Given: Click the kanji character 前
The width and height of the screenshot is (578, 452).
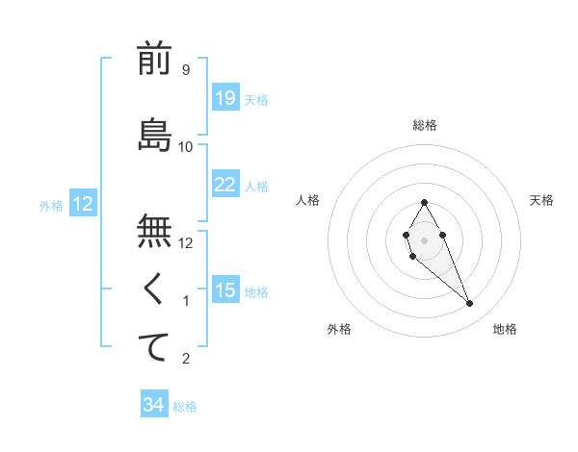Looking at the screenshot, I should pos(154,60).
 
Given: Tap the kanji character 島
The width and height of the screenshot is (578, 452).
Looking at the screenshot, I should pos(154,136).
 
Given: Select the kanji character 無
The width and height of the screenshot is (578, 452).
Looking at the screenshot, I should pos(154,231).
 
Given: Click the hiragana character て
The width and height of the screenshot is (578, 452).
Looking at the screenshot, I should pos(154,347).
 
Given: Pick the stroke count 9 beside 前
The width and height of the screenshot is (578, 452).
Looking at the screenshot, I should pos(185,70).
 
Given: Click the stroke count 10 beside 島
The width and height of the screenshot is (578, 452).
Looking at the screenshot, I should pos(186,146).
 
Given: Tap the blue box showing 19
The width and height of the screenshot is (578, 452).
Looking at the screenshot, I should pos(224,97).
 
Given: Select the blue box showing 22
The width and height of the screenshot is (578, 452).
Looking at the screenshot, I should pos(224,184).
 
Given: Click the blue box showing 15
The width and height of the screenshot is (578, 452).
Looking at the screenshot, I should pos(224,289).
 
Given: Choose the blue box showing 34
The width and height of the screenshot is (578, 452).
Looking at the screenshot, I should pos(153,405).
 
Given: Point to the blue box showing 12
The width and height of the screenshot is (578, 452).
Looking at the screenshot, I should pos(82,203).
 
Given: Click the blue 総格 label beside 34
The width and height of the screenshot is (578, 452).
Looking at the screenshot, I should pos(185,407).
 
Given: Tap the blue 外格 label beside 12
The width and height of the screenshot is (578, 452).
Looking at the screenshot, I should pos(51,205).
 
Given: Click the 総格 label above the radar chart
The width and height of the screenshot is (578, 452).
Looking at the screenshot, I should pos(425,125).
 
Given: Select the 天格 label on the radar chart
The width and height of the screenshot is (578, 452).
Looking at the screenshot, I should pos(541,200).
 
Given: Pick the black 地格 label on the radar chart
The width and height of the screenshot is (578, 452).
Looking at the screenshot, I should pos(505,329).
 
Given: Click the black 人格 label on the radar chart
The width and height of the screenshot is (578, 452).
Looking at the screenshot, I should pos(308,200).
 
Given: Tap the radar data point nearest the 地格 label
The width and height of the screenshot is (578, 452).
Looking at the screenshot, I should pos(470,304).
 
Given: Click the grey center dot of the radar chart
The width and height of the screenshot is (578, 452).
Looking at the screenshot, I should pos(424,239).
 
